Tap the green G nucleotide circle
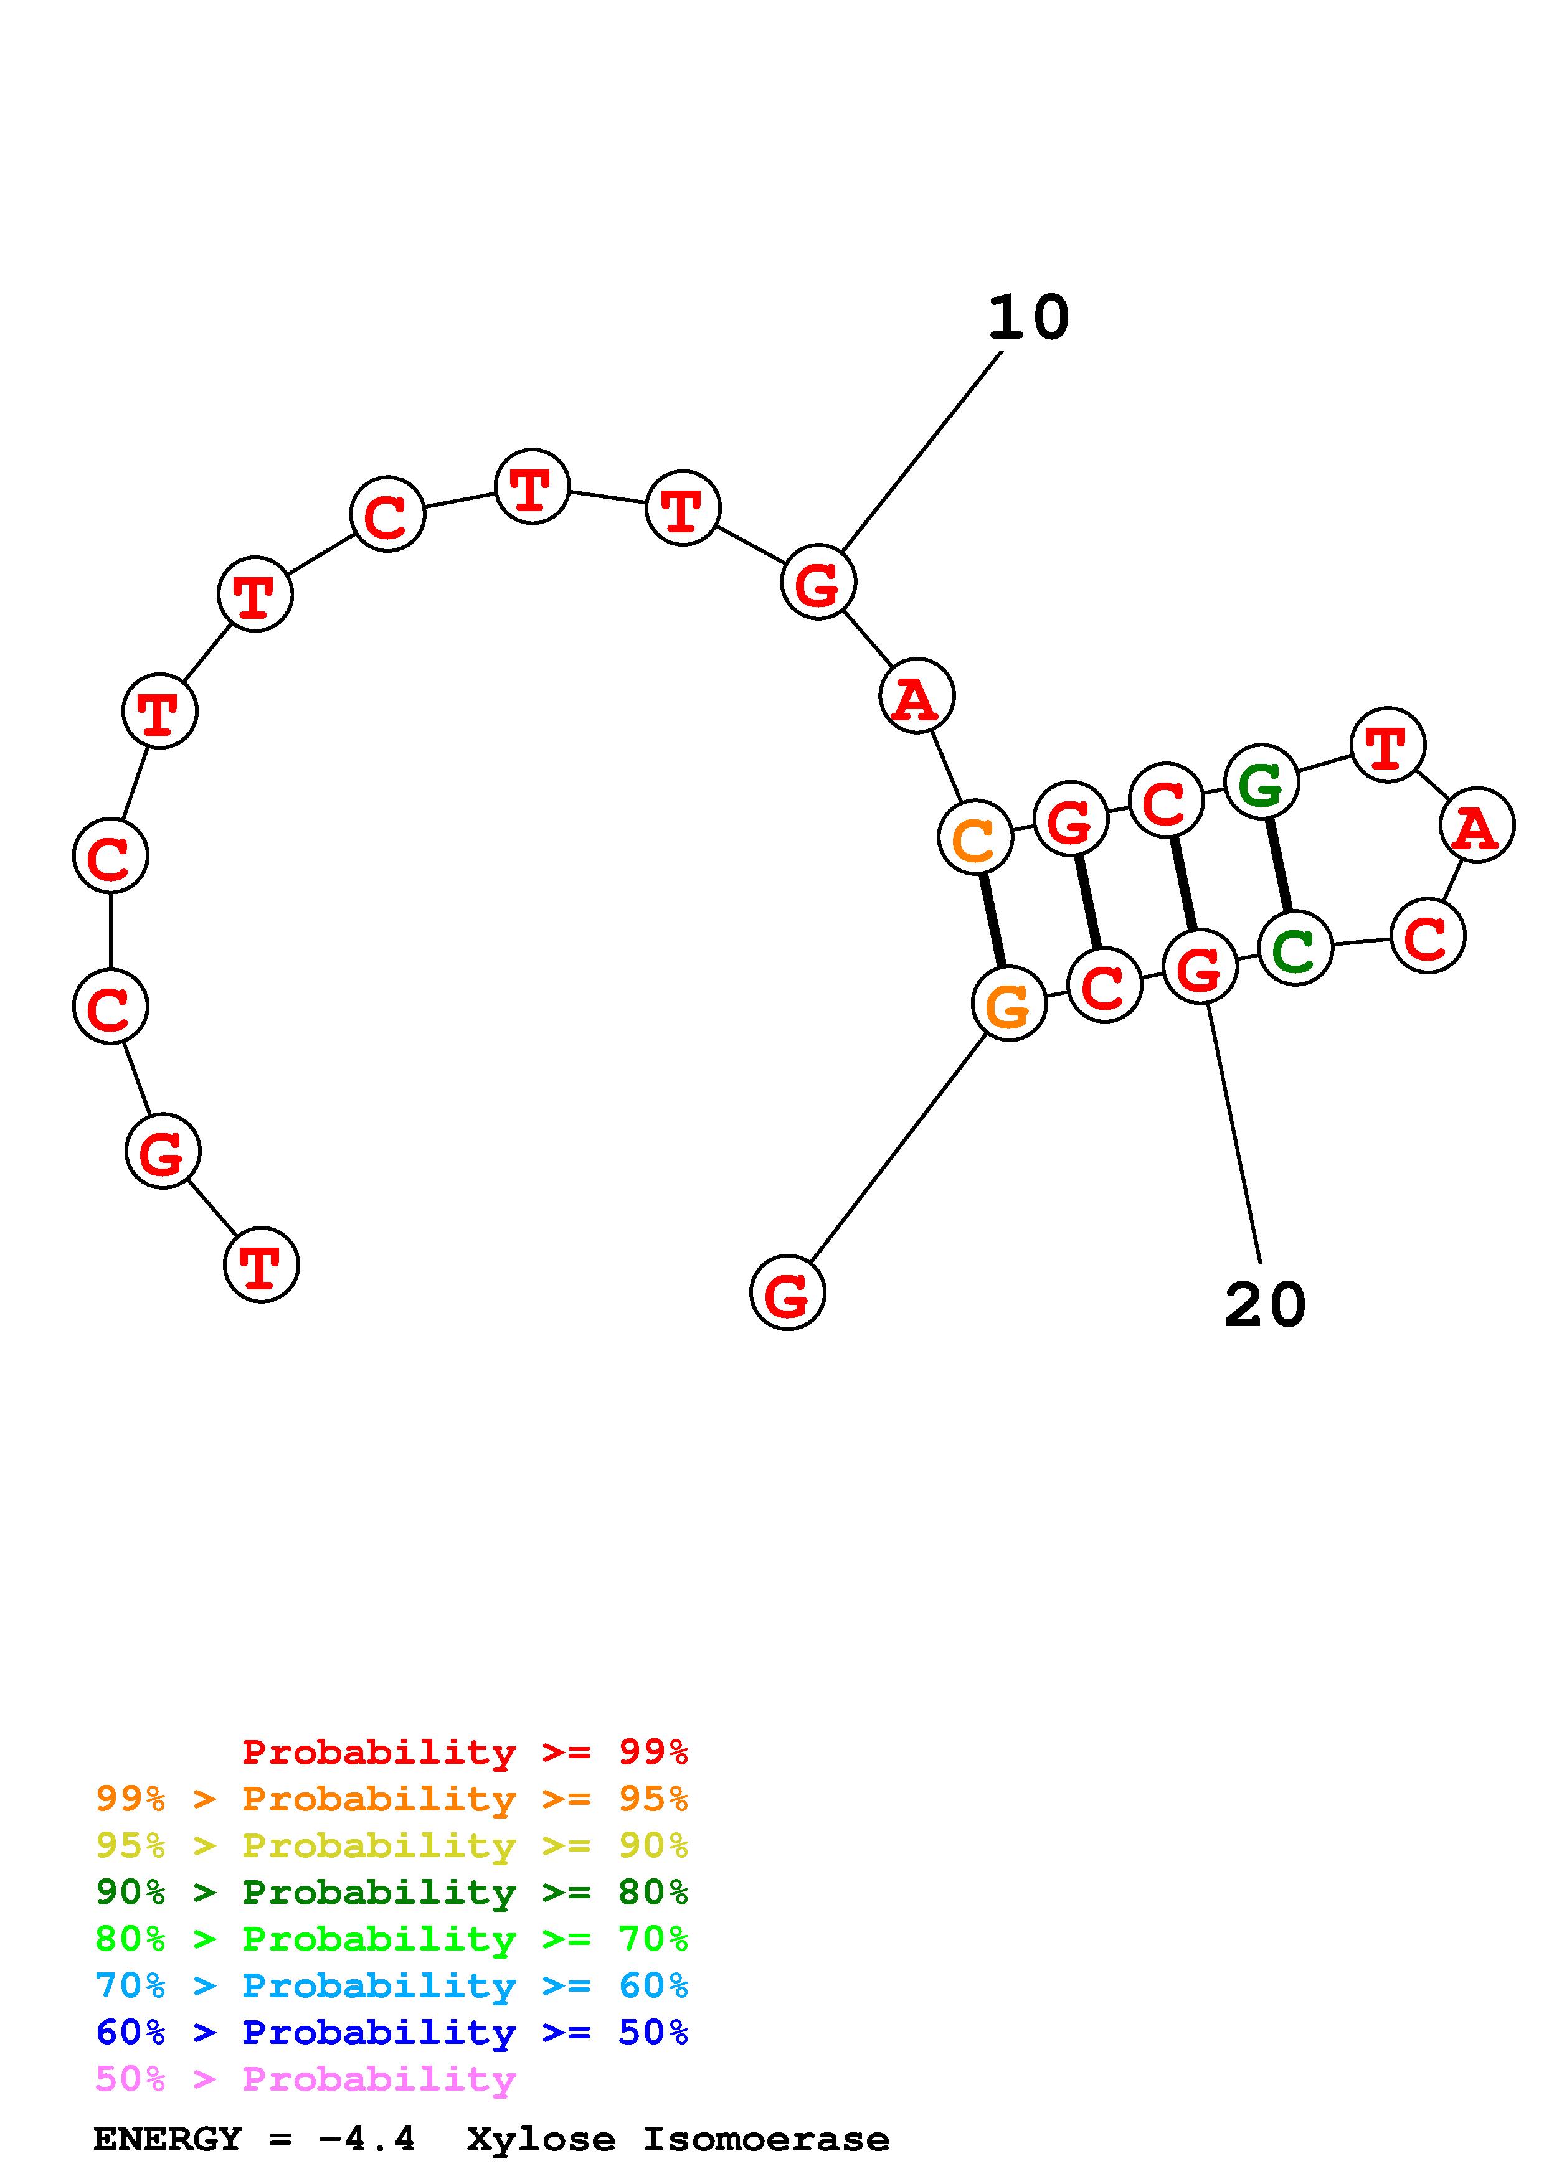1261,783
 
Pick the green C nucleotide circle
1295,948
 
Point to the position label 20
1264,1304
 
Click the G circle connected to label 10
818,582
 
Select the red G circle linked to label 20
1200,967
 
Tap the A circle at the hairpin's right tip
1477,826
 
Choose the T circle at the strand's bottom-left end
262,1265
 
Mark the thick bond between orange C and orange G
992,921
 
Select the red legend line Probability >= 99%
465,1752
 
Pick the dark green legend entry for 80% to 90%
392,1892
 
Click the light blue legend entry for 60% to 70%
392,1985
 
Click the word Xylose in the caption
541,2139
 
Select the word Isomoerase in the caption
766,2139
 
